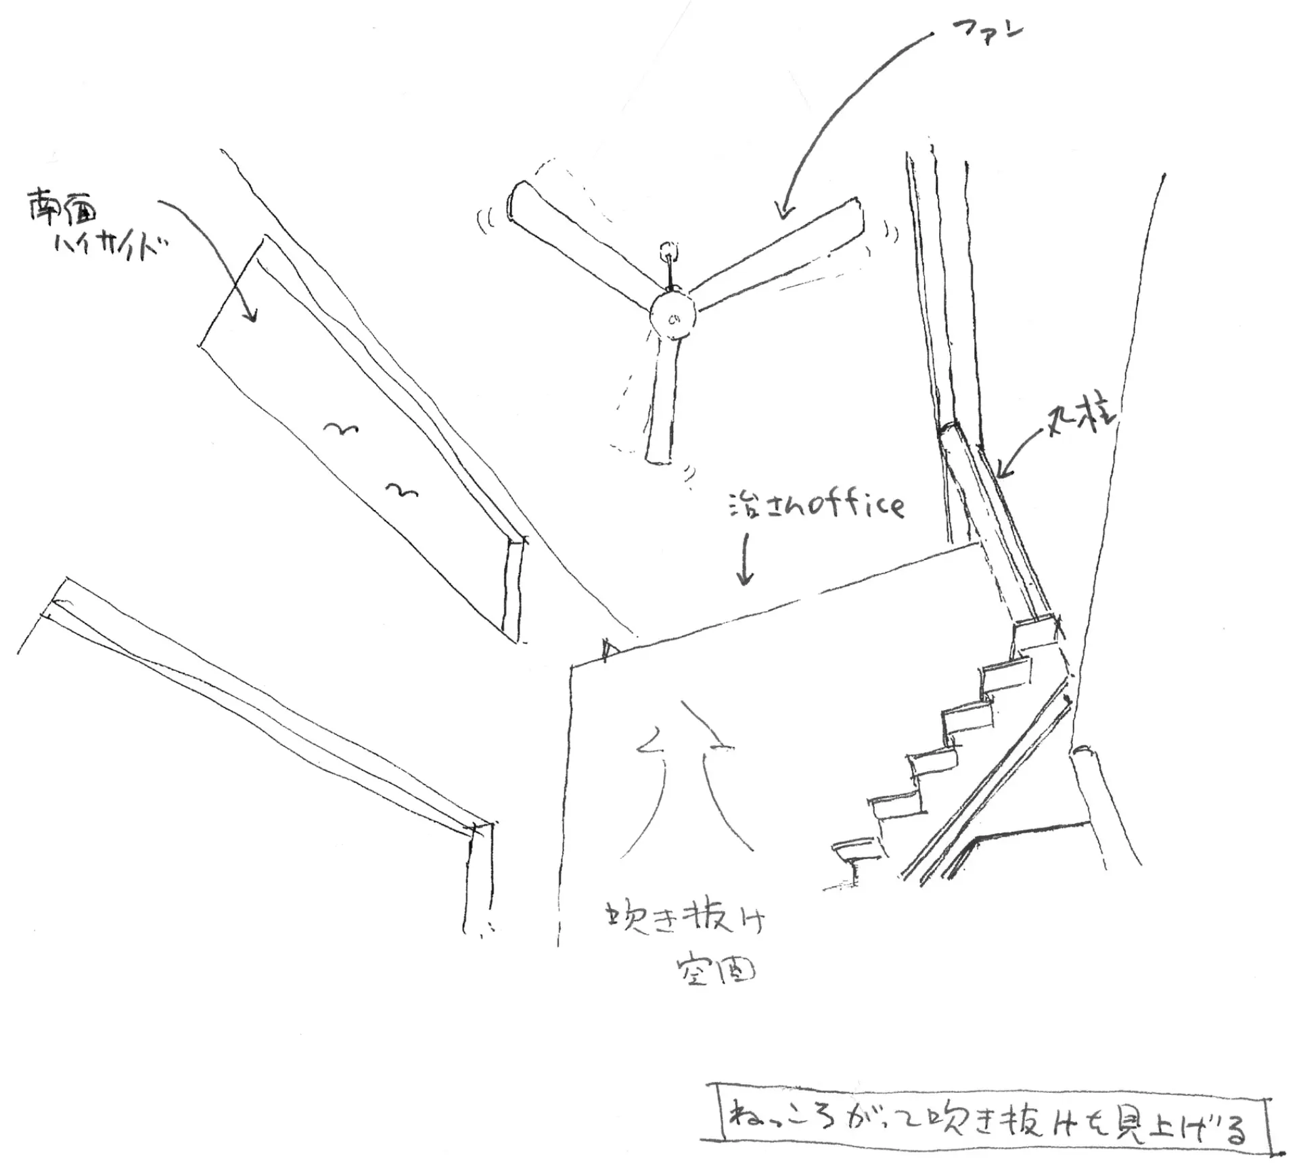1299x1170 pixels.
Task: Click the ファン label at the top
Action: pyautogui.click(x=987, y=32)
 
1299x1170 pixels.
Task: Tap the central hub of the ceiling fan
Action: pyautogui.click(x=673, y=316)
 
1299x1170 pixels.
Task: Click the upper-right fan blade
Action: pyautogui.click(x=778, y=254)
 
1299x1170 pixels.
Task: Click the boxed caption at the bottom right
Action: pyautogui.click(x=985, y=1128)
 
